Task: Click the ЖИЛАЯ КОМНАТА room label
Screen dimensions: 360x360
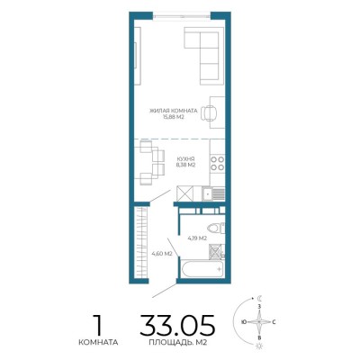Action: pyautogui.click(x=174, y=111)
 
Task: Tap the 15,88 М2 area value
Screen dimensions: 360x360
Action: pyautogui.click(x=173, y=117)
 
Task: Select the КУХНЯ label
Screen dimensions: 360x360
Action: pyautogui.click(x=186, y=159)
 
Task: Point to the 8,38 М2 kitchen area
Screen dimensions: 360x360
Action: pyautogui.click(x=186, y=165)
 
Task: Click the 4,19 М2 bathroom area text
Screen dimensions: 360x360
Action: pyautogui.click(x=197, y=238)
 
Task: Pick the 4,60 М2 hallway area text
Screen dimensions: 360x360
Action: pyautogui.click(x=162, y=254)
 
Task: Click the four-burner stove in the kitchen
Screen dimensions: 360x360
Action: pyautogui.click(x=218, y=163)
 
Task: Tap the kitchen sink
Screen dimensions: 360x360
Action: pyautogui.click(x=213, y=193)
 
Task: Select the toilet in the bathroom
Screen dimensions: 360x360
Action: pyautogui.click(x=215, y=228)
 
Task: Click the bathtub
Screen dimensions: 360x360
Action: pyautogui.click(x=203, y=269)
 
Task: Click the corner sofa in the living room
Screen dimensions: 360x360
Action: pyautogui.click(x=204, y=56)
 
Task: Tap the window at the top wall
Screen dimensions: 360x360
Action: pyautogui.click(x=182, y=15)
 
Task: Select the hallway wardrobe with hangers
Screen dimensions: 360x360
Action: pyautogui.click(x=141, y=241)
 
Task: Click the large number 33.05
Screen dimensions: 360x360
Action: pyautogui.click(x=177, y=325)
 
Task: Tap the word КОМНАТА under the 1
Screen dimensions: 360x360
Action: pyautogui.click(x=98, y=342)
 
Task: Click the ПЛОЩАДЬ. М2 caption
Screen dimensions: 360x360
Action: pyautogui.click(x=178, y=342)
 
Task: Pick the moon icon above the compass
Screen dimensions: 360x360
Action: pyautogui.click(x=260, y=298)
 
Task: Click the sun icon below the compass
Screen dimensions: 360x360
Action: pyautogui.click(x=259, y=346)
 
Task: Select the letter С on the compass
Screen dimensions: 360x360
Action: pyautogui.click(x=274, y=322)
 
